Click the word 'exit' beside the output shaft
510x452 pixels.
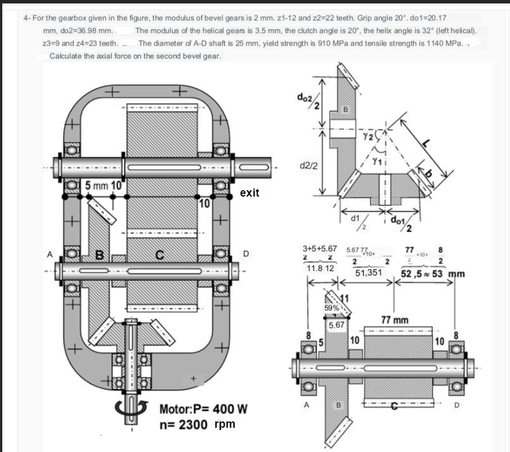250,193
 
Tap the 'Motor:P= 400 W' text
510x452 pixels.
202,409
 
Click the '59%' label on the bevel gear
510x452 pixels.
332,308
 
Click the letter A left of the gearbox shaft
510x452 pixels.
51,254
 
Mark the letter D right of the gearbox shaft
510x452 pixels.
246,253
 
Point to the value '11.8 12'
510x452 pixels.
320,269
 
